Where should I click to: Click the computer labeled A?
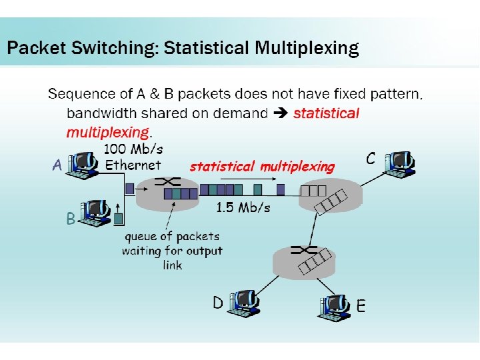(87, 163)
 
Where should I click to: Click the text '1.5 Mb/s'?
(243, 208)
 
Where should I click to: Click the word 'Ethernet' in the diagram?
(133, 165)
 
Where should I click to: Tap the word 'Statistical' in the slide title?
(206, 48)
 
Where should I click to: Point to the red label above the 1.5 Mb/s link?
(262, 166)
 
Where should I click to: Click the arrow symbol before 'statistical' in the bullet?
(281, 113)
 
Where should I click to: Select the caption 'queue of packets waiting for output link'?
(172, 251)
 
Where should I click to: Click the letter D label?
(217, 303)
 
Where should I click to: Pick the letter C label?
(371, 159)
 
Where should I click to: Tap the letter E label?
(361, 306)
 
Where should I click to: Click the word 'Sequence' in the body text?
(77, 95)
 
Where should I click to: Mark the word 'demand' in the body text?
(243, 113)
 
